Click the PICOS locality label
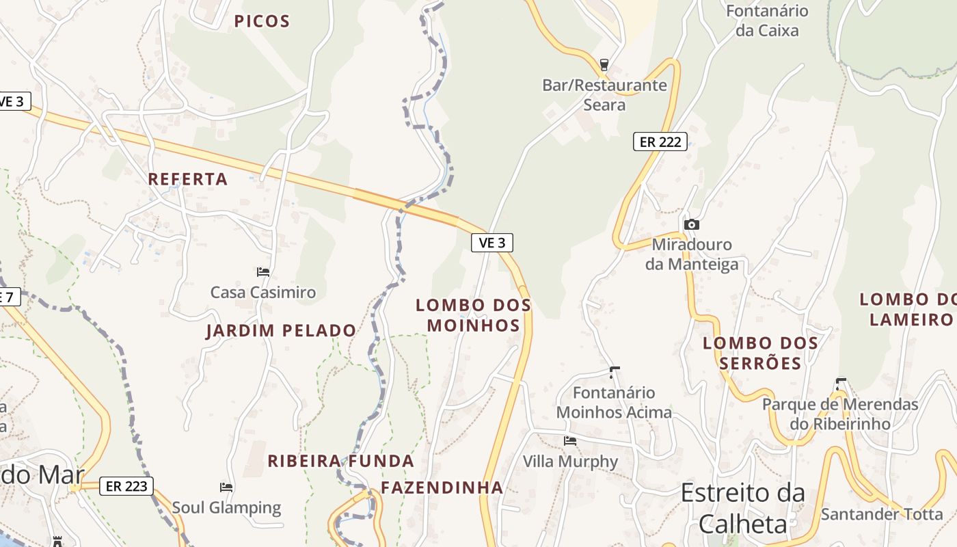point(262,21)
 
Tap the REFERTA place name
point(188,179)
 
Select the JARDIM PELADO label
point(281,331)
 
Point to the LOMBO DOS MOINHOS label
point(473,315)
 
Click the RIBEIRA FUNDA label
point(340,461)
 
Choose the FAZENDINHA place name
point(442,488)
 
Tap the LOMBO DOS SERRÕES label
point(760,353)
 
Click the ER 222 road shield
point(660,142)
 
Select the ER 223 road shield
point(126,486)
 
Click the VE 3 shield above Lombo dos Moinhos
point(491,242)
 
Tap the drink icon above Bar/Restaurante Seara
point(604,65)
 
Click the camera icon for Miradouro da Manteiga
point(692,224)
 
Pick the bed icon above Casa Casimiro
point(263,272)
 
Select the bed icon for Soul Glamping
point(226,488)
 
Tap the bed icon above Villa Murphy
point(570,441)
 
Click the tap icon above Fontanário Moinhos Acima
point(614,373)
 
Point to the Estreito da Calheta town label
point(742,508)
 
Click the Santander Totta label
point(882,514)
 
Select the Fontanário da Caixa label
point(767,21)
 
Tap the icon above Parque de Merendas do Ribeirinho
point(841,384)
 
